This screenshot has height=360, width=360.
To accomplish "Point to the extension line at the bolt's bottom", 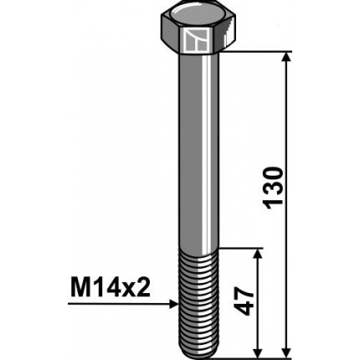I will click(251, 350).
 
